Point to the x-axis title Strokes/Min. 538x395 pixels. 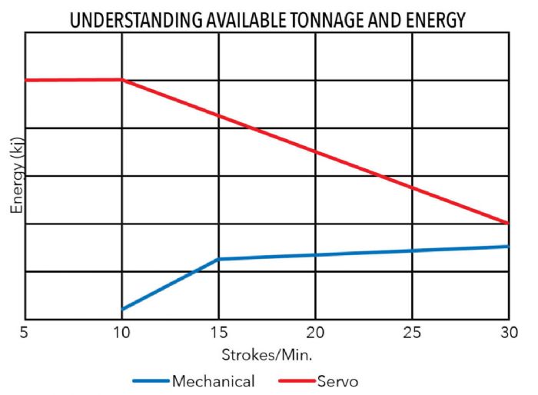[267, 355]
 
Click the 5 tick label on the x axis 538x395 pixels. [25, 335]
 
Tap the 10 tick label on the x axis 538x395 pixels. [121, 335]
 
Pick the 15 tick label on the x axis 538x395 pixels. [218, 335]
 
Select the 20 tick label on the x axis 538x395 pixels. [315, 335]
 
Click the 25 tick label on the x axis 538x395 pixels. [412, 335]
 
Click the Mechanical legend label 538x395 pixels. [213, 380]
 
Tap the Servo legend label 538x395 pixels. [337, 380]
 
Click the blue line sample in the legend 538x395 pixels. [150, 380]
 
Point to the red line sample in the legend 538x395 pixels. [295, 380]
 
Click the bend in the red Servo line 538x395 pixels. [121, 79]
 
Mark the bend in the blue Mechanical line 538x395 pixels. [219, 259]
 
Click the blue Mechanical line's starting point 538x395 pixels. [122, 309]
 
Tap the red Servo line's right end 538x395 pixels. [508, 223]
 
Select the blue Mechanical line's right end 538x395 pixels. [508, 246]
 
